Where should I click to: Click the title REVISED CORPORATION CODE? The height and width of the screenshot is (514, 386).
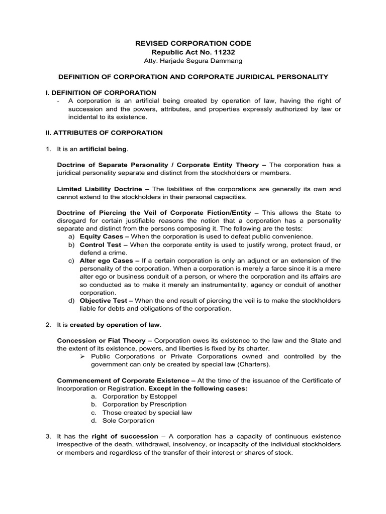click(193, 44)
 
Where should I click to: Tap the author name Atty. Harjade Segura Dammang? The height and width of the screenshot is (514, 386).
click(193, 61)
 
